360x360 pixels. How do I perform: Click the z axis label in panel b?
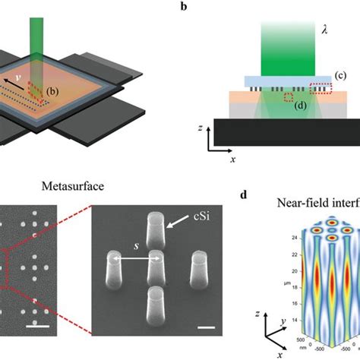pos(199,130)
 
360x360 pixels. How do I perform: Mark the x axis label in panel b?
pos(232,161)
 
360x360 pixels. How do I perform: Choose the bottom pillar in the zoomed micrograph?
pos(156,300)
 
